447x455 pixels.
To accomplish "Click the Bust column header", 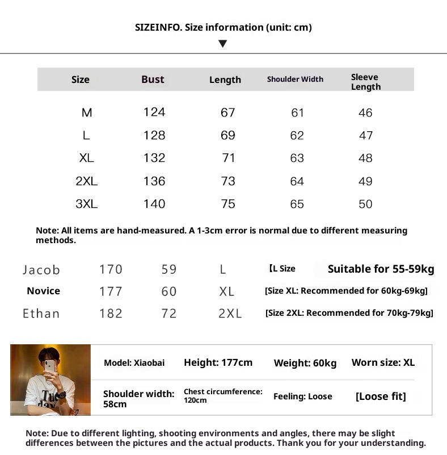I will pyautogui.click(x=153, y=80).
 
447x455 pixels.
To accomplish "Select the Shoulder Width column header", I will pyautogui.click(x=295, y=80).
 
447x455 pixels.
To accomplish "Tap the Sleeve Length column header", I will pyautogui.click(x=365, y=82).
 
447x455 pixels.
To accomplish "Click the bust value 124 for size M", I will pyautogui.click(x=154, y=112).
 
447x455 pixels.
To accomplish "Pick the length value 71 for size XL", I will pyautogui.click(x=228, y=158).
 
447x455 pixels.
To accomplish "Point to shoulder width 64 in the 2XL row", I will pyautogui.click(x=297, y=181).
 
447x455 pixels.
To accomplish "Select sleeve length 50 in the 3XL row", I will pyautogui.click(x=365, y=204).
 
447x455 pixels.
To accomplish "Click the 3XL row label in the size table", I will pyautogui.click(x=86, y=204).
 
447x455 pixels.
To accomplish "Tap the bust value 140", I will pyautogui.click(x=154, y=204).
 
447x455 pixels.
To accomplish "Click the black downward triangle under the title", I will pyautogui.click(x=223, y=44).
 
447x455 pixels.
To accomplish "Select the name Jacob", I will pyautogui.click(x=41, y=270).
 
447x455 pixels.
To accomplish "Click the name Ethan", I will pyautogui.click(x=41, y=314).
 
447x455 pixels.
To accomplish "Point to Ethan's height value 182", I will pyautogui.click(x=111, y=314).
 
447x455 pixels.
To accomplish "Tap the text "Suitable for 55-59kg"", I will pyautogui.click(x=381, y=269).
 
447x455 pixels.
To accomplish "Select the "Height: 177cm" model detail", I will pyautogui.click(x=218, y=362).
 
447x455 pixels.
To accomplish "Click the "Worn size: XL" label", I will pyautogui.click(x=383, y=362).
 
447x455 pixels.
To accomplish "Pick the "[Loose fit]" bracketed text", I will pyautogui.click(x=381, y=396).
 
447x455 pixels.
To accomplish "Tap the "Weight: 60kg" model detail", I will pyautogui.click(x=305, y=363).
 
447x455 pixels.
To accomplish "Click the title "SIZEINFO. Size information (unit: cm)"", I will pyautogui.click(x=223, y=27).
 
